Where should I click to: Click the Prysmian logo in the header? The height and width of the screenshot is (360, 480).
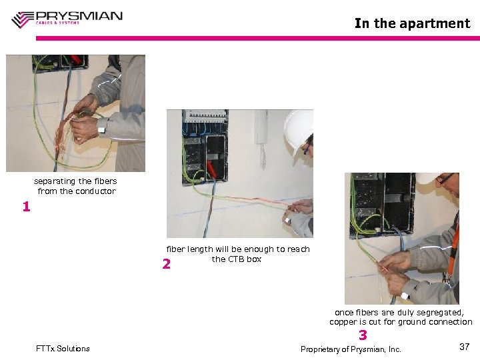click(x=67, y=18)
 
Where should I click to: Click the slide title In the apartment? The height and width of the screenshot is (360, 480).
click(x=412, y=23)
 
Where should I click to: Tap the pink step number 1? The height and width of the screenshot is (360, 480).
click(x=26, y=207)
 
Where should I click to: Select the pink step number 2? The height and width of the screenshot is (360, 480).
click(x=167, y=265)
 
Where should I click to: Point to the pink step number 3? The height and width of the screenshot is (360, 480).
click(x=363, y=335)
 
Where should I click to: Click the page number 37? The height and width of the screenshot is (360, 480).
click(x=465, y=347)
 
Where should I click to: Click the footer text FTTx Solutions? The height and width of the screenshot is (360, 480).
click(x=63, y=349)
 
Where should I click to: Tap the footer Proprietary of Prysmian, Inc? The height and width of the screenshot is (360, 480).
click(x=351, y=349)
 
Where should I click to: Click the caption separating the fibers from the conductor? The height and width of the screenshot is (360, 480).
click(x=76, y=186)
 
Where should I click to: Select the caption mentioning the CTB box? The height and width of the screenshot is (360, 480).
click(x=237, y=254)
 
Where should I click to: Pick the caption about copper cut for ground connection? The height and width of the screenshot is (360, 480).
click(x=400, y=317)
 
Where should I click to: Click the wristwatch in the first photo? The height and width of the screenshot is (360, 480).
click(x=102, y=127)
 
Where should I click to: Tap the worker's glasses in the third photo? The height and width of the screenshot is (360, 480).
click(x=445, y=179)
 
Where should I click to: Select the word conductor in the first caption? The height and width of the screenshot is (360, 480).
click(x=96, y=191)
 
